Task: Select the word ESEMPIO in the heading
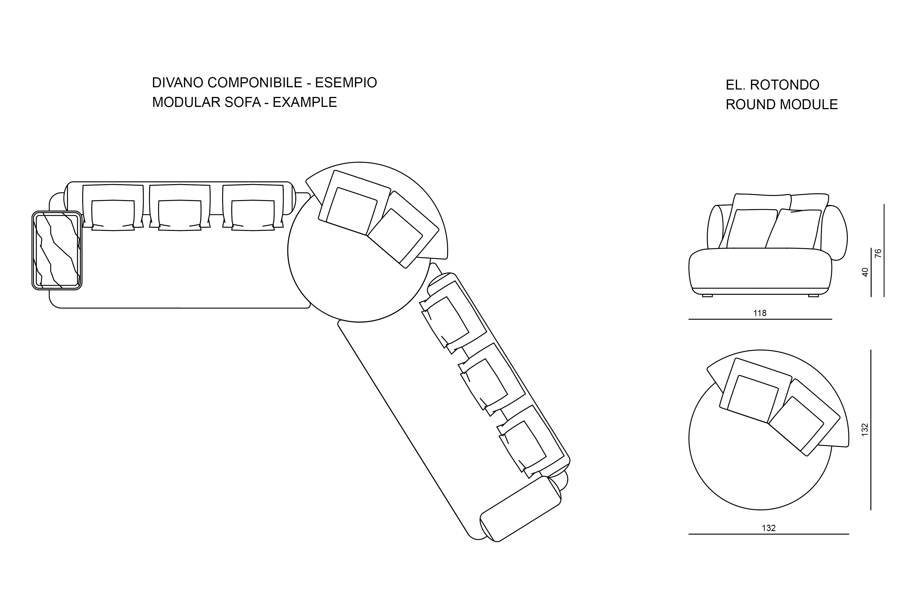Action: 346,83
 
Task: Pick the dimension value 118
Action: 760,313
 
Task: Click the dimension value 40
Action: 865,272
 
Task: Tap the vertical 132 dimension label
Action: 865,430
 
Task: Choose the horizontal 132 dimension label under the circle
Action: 769,528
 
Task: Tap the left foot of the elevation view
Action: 707,296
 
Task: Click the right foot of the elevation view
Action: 813,296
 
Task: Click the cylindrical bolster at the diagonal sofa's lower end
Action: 520,509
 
